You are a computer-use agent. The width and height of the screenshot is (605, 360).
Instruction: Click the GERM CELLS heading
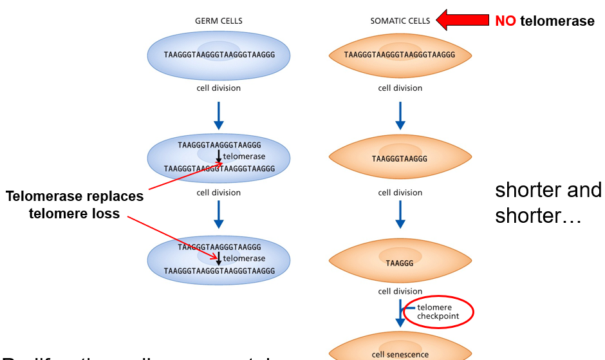[219, 21]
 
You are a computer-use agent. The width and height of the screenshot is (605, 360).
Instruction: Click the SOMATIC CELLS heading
[400, 21]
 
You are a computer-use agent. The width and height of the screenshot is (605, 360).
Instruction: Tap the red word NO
[505, 21]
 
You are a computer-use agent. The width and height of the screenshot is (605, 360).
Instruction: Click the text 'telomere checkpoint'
[434, 312]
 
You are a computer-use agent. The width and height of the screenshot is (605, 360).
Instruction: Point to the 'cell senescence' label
[400, 354]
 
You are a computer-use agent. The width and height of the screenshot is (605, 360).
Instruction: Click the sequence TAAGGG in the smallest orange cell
[400, 262]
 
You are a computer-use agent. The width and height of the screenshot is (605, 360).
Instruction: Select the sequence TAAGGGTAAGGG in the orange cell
[400, 158]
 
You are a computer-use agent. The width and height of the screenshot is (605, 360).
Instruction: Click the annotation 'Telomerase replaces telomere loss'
[75, 205]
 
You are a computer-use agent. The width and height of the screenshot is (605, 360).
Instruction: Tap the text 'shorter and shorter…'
[548, 202]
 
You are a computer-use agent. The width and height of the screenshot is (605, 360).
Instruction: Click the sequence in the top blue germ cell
[219, 55]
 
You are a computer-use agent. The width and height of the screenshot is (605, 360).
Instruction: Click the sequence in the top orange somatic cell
[400, 55]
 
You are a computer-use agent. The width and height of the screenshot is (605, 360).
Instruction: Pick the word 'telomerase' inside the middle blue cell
[244, 156]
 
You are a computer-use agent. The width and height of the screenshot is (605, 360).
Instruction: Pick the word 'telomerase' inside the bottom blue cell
[244, 259]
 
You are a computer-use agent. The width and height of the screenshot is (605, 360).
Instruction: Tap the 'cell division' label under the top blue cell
[219, 88]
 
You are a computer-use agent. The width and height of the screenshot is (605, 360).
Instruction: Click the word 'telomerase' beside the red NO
[557, 21]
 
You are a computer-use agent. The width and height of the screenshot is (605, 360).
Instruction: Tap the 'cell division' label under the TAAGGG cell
[400, 291]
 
